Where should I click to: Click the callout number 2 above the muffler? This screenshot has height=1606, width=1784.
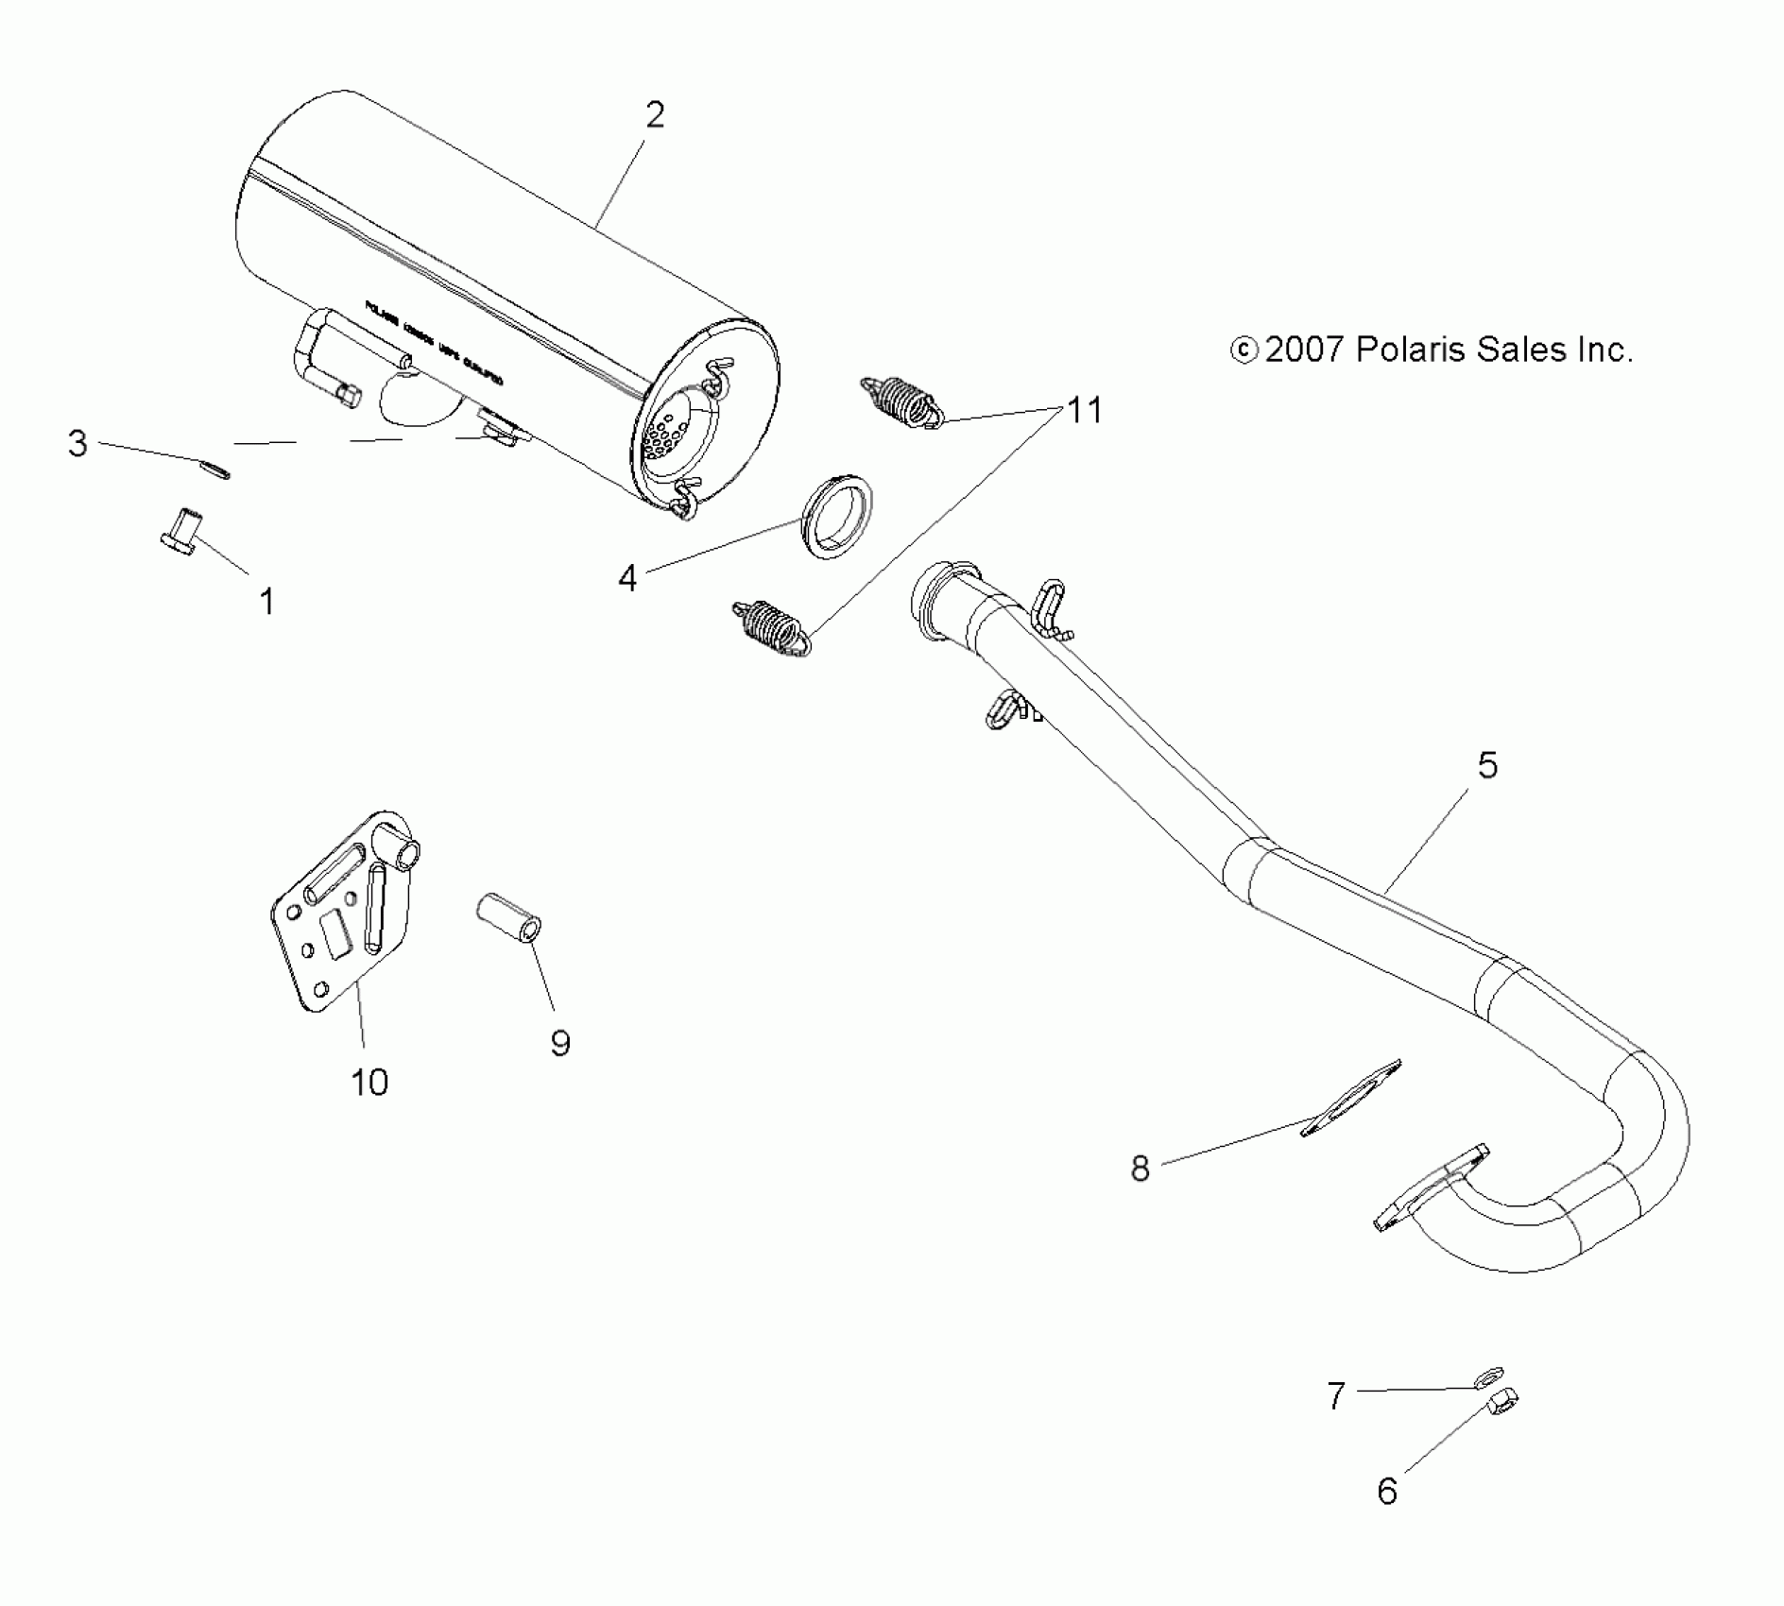click(655, 115)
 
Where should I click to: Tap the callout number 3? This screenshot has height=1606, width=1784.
click(77, 443)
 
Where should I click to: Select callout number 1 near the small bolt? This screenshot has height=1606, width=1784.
click(266, 602)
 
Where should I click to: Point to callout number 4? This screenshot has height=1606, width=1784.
click(627, 578)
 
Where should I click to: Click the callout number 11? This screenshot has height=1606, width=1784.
click(1085, 410)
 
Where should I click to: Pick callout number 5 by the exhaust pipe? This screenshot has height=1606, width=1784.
click(1487, 765)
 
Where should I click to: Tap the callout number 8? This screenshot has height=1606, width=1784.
click(1141, 1169)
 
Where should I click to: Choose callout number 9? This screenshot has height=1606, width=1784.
click(560, 1044)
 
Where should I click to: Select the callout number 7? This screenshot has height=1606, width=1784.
click(1335, 1395)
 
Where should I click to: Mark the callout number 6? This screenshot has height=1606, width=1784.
click(1387, 1492)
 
